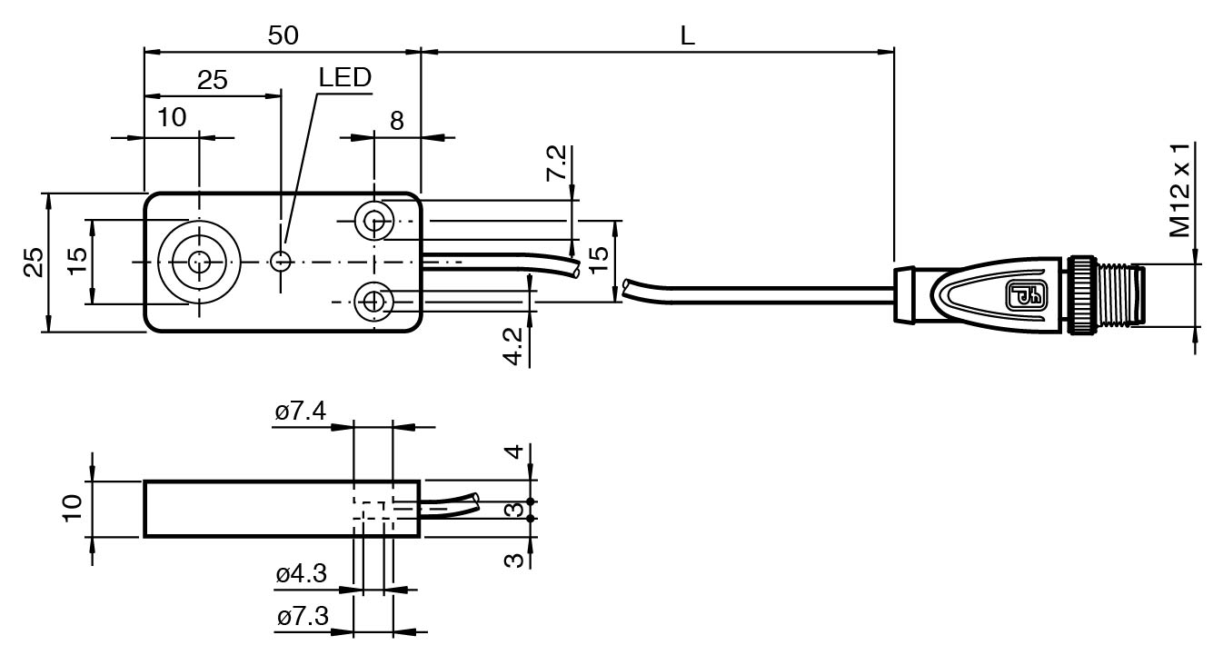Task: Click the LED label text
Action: pyautogui.click(x=344, y=78)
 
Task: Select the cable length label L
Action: pyautogui.click(x=688, y=36)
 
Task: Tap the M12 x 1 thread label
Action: pyautogui.click(x=1180, y=191)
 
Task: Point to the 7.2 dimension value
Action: pyautogui.click(x=556, y=164)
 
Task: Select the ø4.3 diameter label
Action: pyautogui.click(x=301, y=574)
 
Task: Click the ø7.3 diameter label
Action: pyautogui.click(x=301, y=618)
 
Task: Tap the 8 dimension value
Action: pyautogui.click(x=397, y=121)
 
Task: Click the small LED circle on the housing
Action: pyautogui.click(x=282, y=262)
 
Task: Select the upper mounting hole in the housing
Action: pyautogui.click(x=373, y=219)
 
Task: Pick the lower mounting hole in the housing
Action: pyautogui.click(x=373, y=301)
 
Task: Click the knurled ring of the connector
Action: pyautogui.click(x=1081, y=294)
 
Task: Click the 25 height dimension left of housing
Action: pyautogui.click(x=33, y=263)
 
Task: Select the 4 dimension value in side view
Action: pyautogui.click(x=513, y=452)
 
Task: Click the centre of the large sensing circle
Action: pyautogui.click(x=198, y=262)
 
